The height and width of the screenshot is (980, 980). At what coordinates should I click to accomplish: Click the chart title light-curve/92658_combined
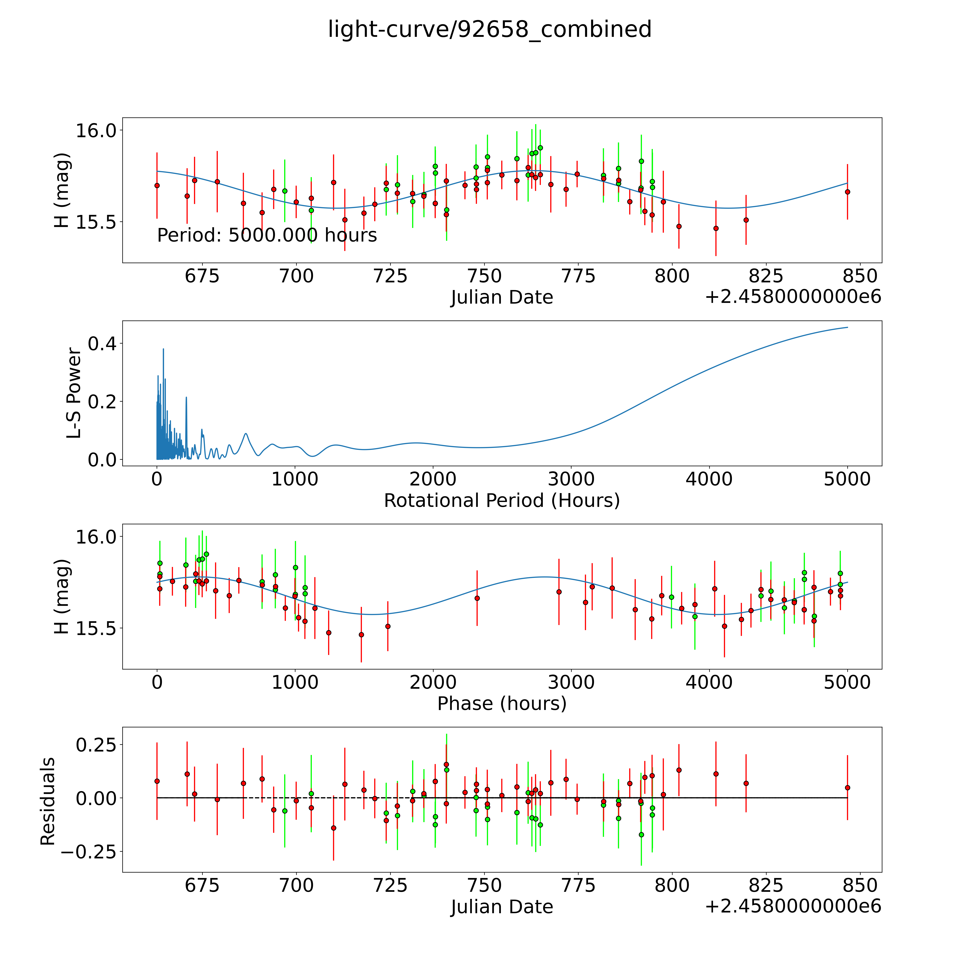coord(489,29)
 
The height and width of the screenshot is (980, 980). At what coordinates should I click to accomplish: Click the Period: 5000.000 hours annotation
coord(267,235)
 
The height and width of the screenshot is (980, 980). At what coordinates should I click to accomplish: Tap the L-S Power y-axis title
coord(74,393)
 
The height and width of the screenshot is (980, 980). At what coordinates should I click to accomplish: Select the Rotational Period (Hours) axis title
coord(502,501)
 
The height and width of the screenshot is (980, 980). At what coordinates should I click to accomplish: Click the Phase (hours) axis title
coord(502,704)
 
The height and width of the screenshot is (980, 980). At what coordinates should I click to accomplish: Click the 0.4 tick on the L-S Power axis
coord(102,344)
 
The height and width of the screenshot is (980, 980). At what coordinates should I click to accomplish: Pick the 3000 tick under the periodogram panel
coord(571,479)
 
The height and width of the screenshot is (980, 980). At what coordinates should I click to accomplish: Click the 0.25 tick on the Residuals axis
coord(96,745)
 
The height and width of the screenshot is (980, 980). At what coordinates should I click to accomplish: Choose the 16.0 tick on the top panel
coord(96,130)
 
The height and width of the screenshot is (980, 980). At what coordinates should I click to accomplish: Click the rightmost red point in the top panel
coord(847,192)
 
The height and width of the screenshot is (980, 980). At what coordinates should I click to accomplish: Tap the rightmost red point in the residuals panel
coord(847,788)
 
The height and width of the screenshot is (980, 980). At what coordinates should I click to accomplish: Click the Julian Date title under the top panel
coord(502,297)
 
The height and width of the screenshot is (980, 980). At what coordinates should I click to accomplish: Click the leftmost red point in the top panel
coord(157,186)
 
